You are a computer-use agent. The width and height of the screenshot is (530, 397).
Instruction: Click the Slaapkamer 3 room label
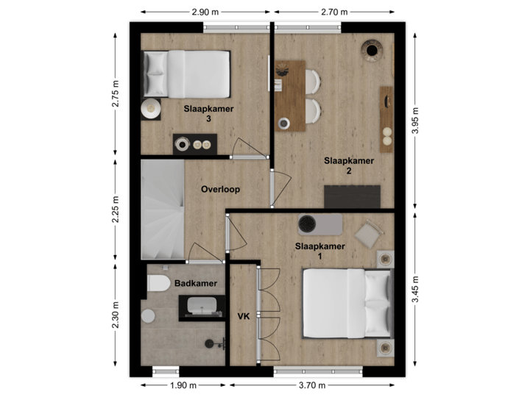point(209,113)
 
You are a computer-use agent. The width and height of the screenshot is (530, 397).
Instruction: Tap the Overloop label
point(221,189)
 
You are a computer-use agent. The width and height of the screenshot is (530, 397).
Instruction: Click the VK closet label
point(243,317)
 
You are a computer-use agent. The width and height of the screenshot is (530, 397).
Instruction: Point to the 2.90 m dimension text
point(205,12)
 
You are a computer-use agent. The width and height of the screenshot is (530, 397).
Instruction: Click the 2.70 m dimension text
point(334,12)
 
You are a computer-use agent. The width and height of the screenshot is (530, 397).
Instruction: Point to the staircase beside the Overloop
point(162,210)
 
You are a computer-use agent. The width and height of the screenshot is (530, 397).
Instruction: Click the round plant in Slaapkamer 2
point(372,49)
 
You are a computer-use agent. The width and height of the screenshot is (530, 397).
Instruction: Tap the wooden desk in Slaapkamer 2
point(290,96)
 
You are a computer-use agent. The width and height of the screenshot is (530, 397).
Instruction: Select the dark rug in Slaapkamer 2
point(352,197)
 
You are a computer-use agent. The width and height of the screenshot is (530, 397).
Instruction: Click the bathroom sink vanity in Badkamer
point(200,306)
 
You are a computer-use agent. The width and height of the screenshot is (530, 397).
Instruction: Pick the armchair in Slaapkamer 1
point(366,235)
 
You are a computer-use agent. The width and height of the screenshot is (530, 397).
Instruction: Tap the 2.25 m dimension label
point(116,208)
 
